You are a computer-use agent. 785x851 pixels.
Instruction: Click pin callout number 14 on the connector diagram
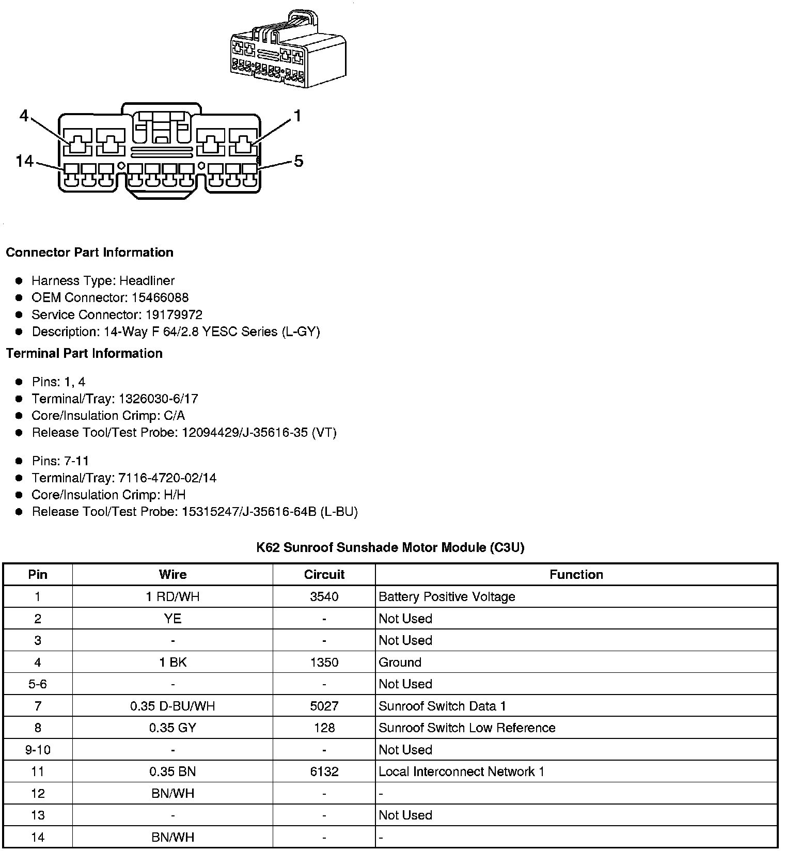point(24,161)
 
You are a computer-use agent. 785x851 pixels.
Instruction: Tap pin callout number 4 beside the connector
point(24,116)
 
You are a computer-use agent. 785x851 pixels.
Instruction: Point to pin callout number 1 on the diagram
point(297,116)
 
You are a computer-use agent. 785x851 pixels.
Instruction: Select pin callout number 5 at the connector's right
point(299,161)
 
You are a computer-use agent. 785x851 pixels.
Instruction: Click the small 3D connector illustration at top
point(288,49)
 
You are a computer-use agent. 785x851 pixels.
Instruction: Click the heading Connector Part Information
point(89,253)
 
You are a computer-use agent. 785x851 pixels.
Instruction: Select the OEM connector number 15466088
point(160,297)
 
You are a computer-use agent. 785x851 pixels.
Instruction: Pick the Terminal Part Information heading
point(84,353)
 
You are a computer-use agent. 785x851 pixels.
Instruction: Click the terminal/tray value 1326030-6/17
point(158,399)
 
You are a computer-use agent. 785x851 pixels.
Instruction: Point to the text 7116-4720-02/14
point(167,478)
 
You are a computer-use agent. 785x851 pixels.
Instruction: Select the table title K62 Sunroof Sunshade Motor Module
point(390,547)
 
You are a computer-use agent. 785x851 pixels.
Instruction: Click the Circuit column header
point(324,574)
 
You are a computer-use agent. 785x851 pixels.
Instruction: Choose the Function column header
point(576,574)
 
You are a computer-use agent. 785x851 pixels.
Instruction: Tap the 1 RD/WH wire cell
point(172,597)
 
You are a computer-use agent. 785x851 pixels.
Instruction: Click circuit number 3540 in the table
point(324,597)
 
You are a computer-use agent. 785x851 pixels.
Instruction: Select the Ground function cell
point(400,662)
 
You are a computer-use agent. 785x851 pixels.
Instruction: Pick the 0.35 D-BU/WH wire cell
point(172,706)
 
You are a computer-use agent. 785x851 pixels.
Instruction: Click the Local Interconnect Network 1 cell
point(461,771)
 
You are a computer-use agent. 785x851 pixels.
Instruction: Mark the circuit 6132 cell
point(324,771)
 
